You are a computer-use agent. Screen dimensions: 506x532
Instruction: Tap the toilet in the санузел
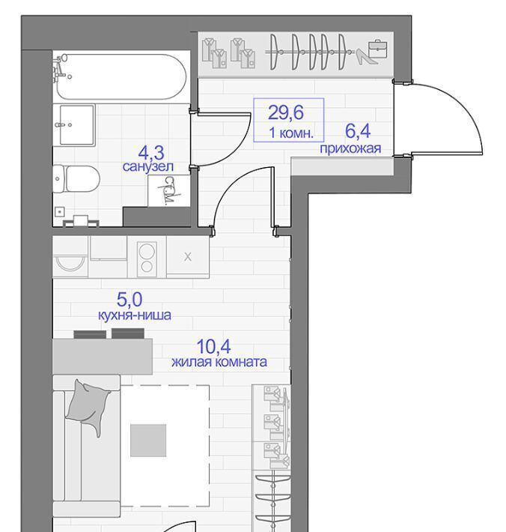click(x=76, y=178)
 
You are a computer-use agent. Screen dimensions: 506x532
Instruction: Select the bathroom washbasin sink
click(x=77, y=125)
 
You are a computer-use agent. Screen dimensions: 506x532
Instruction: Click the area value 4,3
click(x=151, y=153)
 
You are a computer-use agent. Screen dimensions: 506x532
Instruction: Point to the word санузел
click(x=148, y=166)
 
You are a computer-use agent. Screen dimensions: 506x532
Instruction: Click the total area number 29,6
click(x=285, y=112)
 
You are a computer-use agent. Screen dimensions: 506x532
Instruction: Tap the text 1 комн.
click(x=291, y=133)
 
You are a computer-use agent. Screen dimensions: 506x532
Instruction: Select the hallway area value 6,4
click(x=358, y=131)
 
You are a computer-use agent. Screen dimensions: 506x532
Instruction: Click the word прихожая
click(x=350, y=148)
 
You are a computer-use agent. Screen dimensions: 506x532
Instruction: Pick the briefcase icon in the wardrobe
click(x=378, y=49)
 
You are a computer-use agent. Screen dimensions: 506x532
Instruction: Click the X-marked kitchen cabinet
click(x=188, y=257)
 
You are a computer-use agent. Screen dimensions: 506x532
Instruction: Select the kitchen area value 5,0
click(x=129, y=299)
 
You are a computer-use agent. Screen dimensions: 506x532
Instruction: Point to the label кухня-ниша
click(x=135, y=315)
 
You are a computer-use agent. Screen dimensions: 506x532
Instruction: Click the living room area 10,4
click(x=213, y=346)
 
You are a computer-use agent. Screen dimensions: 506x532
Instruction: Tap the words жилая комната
click(x=219, y=362)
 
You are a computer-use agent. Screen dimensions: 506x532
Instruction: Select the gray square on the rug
click(x=148, y=441)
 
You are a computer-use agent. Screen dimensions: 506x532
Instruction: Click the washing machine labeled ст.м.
click(x=168, y=190)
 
